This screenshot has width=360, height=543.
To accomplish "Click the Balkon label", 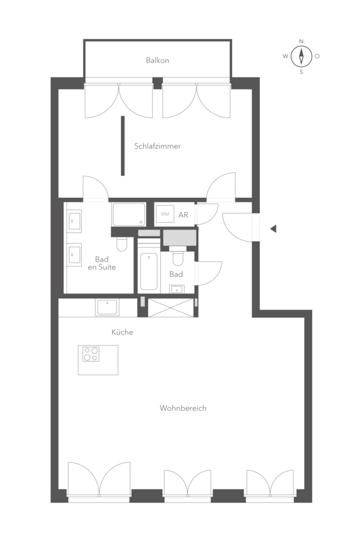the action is point(157,60).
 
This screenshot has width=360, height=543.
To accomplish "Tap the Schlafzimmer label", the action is point(157,146).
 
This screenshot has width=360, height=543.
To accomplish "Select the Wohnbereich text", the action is point(183,408).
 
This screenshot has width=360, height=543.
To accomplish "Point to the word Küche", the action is point(122,332).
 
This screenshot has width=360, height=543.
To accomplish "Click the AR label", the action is point(183,215).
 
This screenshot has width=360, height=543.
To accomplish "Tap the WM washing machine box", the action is point(165,214).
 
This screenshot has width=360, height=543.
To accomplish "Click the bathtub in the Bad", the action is point(149,271).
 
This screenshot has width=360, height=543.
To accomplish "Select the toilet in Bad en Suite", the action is point(122,244).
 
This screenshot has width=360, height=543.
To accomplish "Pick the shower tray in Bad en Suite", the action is point(128,214).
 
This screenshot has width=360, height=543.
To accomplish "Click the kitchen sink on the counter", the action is point(107,307).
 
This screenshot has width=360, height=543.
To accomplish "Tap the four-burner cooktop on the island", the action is point(91,354).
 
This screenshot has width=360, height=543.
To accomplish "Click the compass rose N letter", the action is point(301,41).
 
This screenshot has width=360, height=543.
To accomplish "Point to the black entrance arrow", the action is point(273,229).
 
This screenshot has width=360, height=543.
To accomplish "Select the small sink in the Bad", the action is point(177,289).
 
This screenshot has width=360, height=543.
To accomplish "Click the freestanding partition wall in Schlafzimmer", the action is point(122,146).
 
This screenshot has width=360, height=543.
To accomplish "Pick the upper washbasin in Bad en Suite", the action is point(74,221).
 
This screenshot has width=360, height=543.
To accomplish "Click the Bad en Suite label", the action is point(102,263).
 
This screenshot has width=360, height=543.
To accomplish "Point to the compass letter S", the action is point(301,72).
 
